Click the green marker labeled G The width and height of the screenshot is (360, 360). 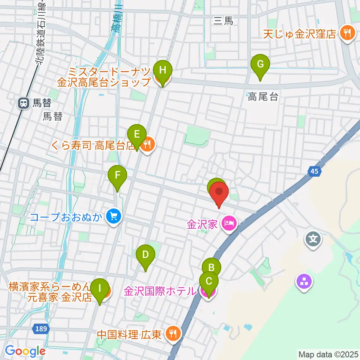260,64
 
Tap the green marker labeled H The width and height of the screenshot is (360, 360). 162,70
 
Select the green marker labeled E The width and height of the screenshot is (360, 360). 137,134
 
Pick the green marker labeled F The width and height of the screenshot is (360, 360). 117,175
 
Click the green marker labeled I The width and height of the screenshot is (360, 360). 99,289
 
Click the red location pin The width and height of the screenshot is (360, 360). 218,194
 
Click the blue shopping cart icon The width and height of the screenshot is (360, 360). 112,217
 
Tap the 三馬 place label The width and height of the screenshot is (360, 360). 223,21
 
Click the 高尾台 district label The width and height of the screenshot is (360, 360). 263,97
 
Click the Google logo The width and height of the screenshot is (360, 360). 25,351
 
